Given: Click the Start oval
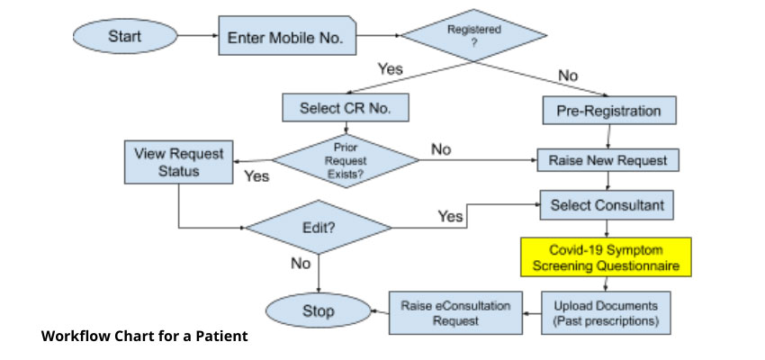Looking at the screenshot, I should tap(125, 38).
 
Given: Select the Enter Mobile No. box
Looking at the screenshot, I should tap(286, 39).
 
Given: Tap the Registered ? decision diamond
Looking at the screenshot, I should tap(473, 37).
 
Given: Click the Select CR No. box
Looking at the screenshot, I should tap(346, 108).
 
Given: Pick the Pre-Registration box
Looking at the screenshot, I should tap(609, 112).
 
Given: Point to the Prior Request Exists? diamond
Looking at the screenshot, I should tap(346, 160).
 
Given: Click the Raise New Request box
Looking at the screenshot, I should tap(608, 160).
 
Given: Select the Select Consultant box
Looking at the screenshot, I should tap(607, 205).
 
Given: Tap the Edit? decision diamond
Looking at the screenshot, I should tap(319, 228).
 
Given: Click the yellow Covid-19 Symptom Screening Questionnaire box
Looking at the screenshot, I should tap(607, 257).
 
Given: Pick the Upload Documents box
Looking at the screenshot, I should tap(606, 312).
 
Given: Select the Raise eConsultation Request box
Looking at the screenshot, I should tap(455, 312).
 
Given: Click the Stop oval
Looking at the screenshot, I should tap(318, 311).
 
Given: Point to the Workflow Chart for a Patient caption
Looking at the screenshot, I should tap(144, 337).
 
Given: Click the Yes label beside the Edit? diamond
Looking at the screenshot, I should tap(450, 217).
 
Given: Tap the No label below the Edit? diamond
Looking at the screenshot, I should tap(301, 264).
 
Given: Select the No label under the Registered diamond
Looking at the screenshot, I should tap(568, 76).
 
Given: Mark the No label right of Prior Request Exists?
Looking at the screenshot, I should tap(441, 149).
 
